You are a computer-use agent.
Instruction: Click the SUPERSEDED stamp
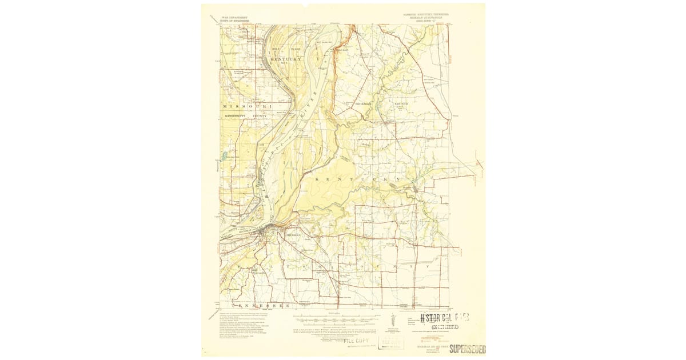468,349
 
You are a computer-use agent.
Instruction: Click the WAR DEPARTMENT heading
234,18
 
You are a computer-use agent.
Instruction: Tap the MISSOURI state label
246,107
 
